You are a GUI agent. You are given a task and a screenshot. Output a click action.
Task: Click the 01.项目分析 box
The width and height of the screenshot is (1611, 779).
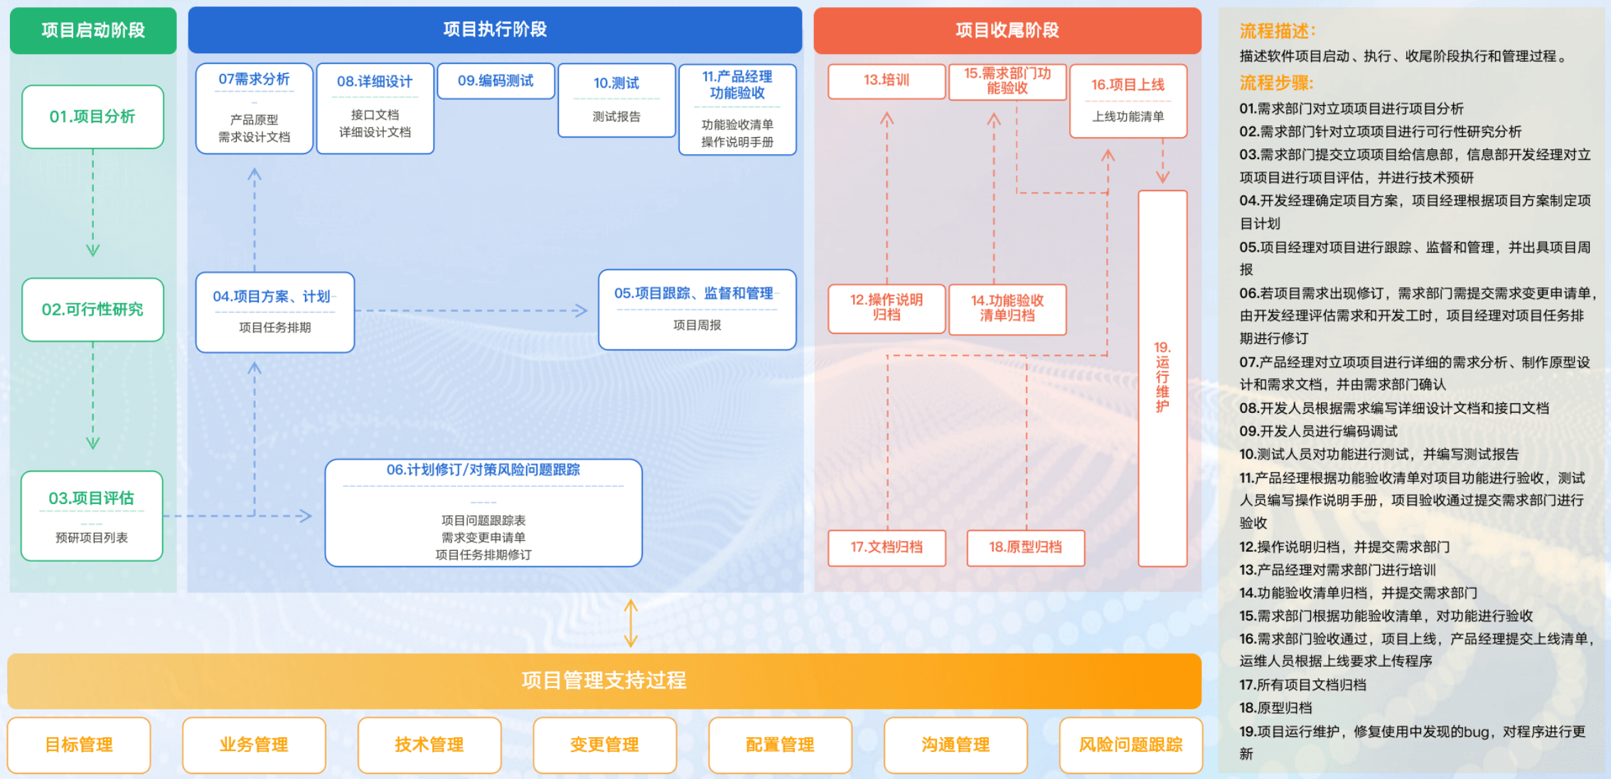pyautogui.click(x=92, y=117)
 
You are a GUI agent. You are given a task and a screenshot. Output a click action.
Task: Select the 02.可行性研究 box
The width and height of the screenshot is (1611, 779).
pyautogui.click(x=92, y=309)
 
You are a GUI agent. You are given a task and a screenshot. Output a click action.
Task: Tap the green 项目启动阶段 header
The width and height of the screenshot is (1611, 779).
pyautogui.click(x=93, y=31)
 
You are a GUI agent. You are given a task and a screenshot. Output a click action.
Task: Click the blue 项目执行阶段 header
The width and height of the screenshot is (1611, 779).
pyautogui.click(x=495, y=30)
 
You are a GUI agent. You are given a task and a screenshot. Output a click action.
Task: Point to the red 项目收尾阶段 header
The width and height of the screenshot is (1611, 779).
pyautogui.click(x=1007, y=31)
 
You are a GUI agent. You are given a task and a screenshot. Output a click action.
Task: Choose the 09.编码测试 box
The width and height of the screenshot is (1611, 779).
pyautogui.click(x=496, y=81)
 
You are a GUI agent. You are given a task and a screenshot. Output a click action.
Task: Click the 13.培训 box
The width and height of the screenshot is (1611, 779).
pyautogui.click(x=886, y=80)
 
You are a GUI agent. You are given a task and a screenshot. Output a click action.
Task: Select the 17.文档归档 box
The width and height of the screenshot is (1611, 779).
pyautogui.click(x=886, y=547)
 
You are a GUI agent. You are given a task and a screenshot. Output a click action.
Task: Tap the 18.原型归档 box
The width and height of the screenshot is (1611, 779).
pyautogui.click(x=1025, y=547)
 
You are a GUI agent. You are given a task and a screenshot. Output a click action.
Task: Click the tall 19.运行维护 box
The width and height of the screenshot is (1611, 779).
pyautogui.click(x=1162, y=377)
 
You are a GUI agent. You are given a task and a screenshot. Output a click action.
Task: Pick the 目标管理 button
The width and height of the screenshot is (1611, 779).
pyautogui.click(x=79, y=745)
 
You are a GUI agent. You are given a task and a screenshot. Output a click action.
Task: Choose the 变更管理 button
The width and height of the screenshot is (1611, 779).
pyautogui.click(x=604, y=745)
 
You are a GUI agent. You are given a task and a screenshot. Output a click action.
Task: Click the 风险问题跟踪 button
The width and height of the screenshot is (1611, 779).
pyautogui.click(x=1130, y=745)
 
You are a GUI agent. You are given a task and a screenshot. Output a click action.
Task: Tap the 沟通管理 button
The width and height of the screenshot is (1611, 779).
pyautogui.click(x=956, y=745)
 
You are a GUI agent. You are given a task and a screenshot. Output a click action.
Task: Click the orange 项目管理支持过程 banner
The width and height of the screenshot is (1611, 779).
pyautogui.click(x=604, y=680)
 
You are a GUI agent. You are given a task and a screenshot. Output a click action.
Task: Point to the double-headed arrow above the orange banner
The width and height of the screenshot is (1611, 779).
pyautogui.click(x=631, y=623)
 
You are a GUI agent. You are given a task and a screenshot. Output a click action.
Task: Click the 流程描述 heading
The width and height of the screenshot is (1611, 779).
pyautogui.click(x=1277, y=31)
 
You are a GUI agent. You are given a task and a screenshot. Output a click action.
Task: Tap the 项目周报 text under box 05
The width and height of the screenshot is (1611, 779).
pyautogui.click(x=697, y=326)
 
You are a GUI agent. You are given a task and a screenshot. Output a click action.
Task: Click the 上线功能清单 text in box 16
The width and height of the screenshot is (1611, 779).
pyautogui.click(x=1128, y=117)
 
